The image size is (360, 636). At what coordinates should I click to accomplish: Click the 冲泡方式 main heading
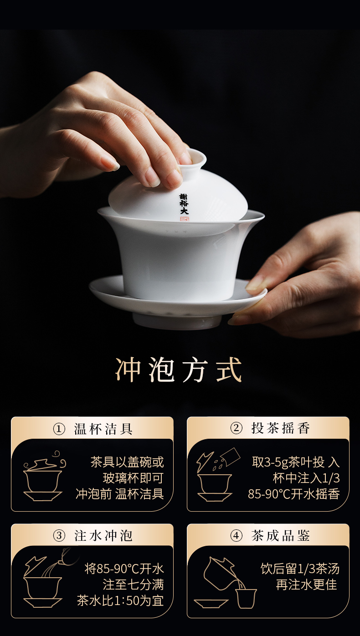coord(179,369)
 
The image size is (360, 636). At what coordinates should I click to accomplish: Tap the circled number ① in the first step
coord(59,429)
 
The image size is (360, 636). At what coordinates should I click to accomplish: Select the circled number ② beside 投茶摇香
coord(236,428)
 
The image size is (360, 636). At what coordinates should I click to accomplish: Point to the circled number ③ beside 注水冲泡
coord(59,536)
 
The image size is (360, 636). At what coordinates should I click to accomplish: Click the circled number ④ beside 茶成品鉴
coord(236,536)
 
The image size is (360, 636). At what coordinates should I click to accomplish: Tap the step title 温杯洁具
coord(103,429)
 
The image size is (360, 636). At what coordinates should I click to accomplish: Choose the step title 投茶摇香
coord(281,428)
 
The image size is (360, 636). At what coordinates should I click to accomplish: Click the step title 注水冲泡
coord(103,536)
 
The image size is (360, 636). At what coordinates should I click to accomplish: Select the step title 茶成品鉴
coord(281,536)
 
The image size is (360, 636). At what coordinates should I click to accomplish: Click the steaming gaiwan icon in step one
coord(44,477)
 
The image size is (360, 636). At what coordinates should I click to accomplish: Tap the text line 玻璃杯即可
coord(133,478)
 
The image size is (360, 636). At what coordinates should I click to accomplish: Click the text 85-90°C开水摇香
coord(293,494)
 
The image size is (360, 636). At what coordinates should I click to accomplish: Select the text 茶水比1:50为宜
coord(120,601)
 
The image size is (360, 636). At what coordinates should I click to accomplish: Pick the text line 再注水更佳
coord(306,585)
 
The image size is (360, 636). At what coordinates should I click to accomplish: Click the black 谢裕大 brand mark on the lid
coord(184,204)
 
